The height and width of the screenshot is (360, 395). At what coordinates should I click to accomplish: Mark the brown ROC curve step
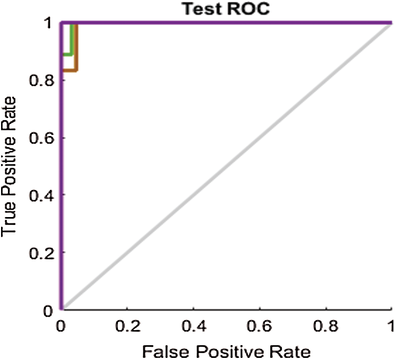[76, 58]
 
